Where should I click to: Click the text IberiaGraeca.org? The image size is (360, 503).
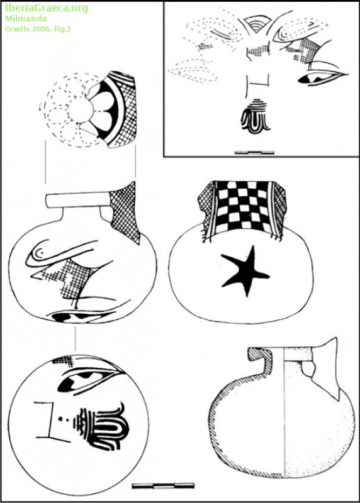click(x=46, y=8)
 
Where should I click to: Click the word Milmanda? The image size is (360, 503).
click(x=26, y=19)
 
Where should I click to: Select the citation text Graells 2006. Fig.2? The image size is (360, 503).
click(x=38, y=29)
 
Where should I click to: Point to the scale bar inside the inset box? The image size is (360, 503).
click(x=254, y=153)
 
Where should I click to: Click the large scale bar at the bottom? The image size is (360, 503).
click(x=163, y=485)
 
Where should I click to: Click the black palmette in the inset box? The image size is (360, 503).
click(x=256, y=116)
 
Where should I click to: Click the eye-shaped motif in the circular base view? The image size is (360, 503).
click(x=88, y=379)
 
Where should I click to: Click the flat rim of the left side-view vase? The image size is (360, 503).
click(x=77, y=200)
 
